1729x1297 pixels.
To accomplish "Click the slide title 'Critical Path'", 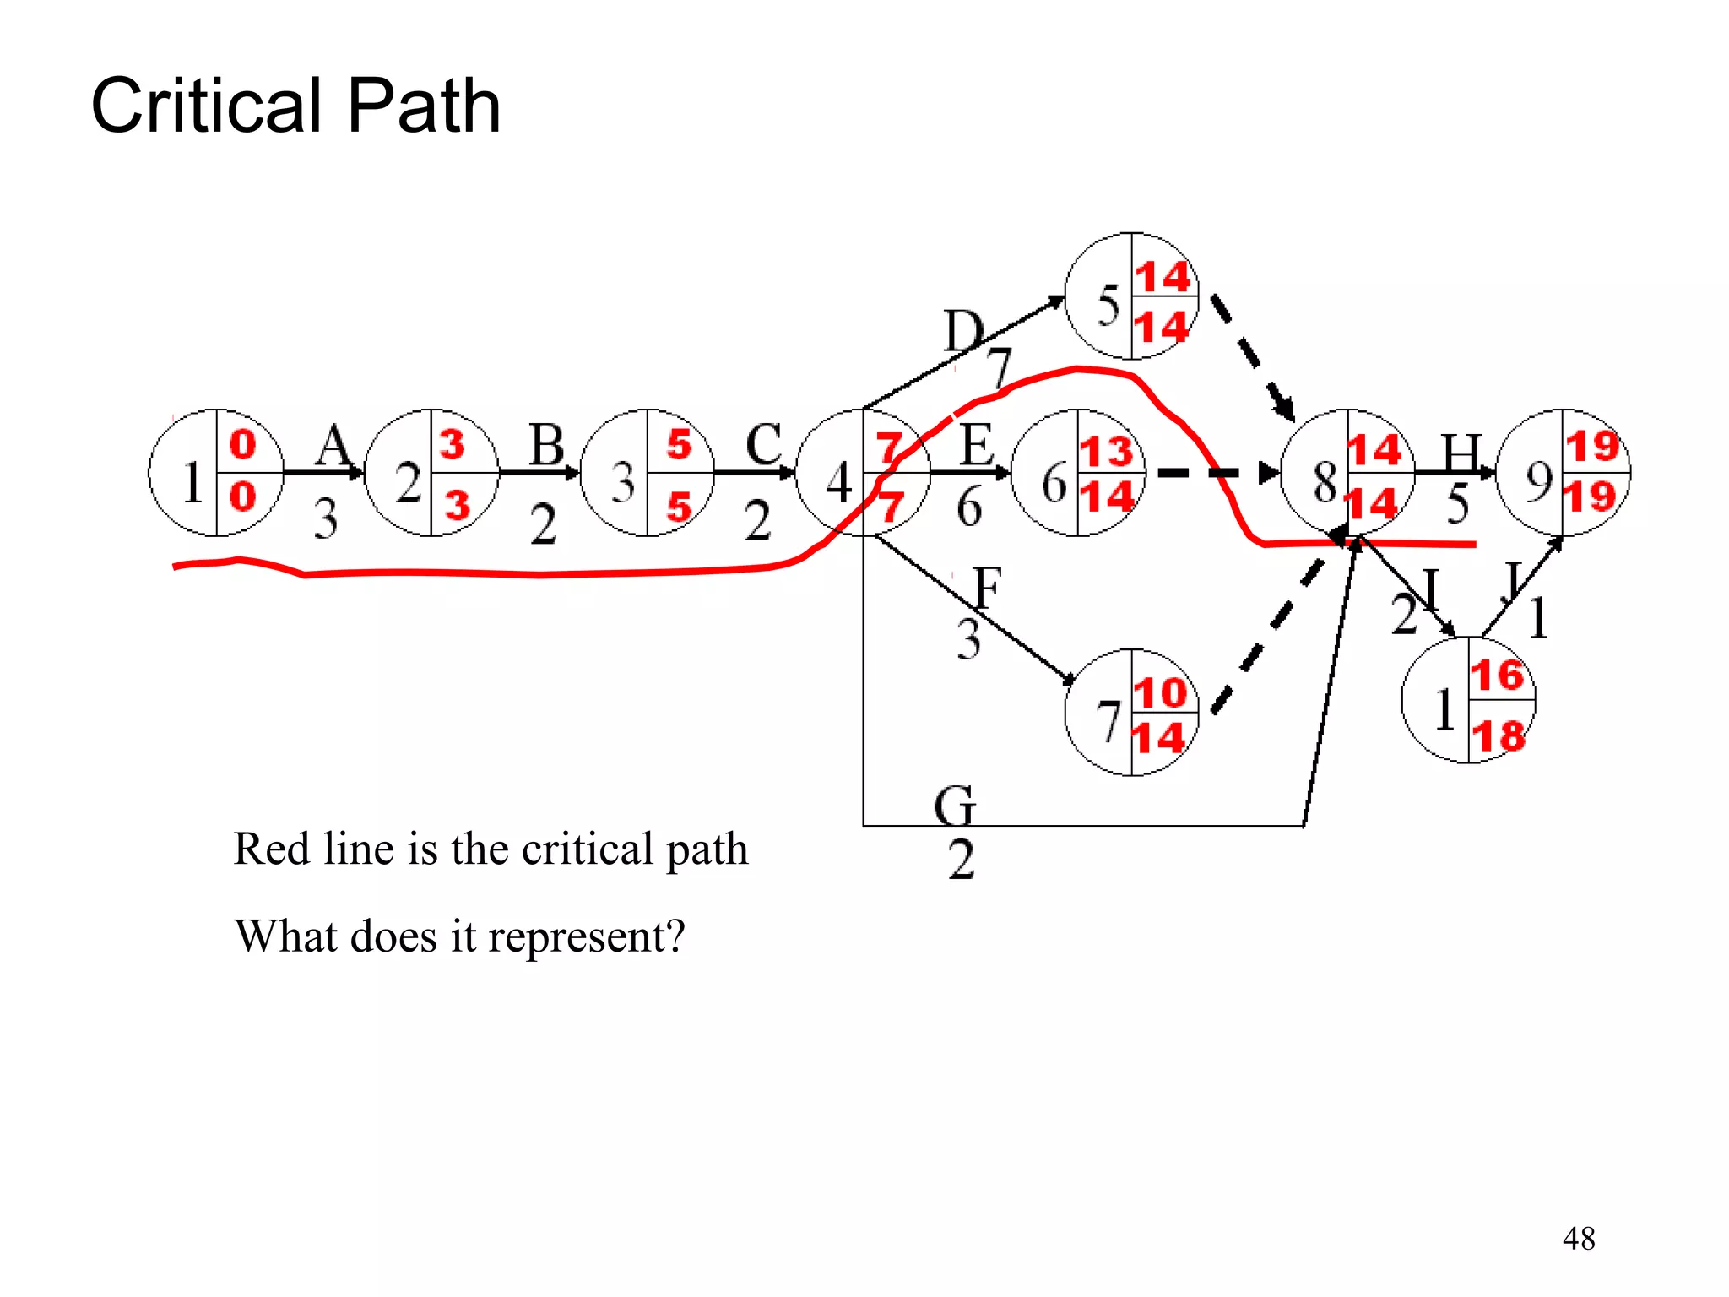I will pos(295,106).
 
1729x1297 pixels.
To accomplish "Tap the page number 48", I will pos(1578,1239).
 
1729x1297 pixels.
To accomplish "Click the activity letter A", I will pos(333,446).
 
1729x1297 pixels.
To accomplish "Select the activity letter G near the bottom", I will pos(955,806).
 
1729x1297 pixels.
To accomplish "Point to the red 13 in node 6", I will pos(1107,451).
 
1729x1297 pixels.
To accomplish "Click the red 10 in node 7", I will pos(1160,693).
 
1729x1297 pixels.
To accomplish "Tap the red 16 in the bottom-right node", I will pos(1497,675).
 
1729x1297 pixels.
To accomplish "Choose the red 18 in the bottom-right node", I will pos(1499,735).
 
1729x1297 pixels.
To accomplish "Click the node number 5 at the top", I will pos(1108,306).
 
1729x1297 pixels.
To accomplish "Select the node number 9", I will pos(1539,482).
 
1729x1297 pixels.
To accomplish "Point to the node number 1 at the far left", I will pos(192,482).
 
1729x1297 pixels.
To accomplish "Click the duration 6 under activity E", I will pos(969,508).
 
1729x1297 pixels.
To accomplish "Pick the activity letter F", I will pos(986,588).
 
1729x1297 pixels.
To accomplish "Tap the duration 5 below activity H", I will pos(1457,505).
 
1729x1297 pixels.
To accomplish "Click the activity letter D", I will pos(963,330).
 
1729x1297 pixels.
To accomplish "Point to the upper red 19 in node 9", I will pos(1592,446).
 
